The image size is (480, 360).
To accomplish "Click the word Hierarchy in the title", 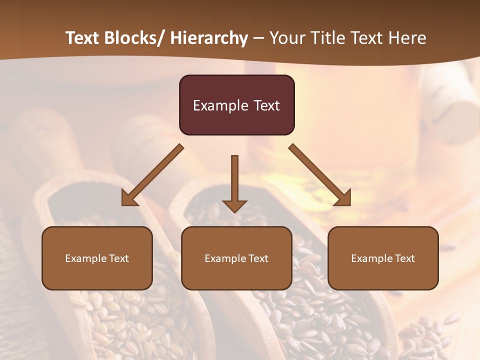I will pos(209,38).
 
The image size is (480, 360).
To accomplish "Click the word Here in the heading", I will pos(407,38).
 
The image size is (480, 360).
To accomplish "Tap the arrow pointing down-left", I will pos(152,175).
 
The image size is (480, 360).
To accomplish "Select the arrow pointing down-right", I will pos(320,175).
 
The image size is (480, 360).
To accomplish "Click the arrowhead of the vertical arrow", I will pos(234,205).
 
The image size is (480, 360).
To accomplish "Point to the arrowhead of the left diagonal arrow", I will pos(129,198).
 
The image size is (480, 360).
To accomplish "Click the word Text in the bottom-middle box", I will pos(257,258).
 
